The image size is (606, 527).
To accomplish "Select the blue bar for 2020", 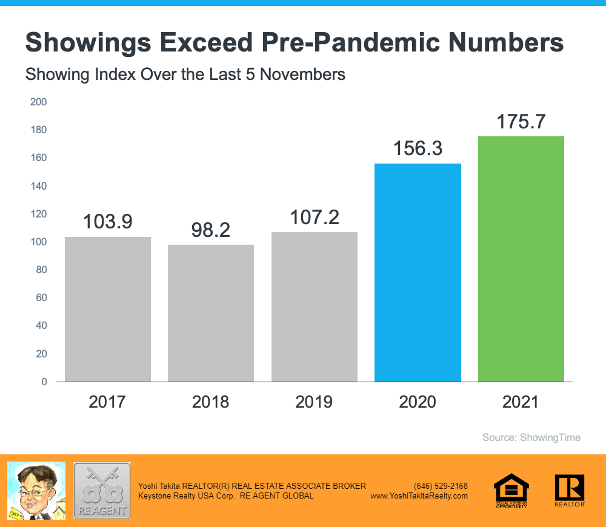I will click(418, 273).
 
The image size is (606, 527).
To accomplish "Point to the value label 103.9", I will click(107, 222).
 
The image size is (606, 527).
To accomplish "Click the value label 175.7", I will click(521, 122).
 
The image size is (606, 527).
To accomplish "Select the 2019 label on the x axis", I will click(314, 402).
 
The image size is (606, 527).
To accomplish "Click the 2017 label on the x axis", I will click(107, 402).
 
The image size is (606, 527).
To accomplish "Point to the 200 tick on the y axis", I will click(39, 102).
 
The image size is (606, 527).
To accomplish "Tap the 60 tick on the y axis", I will click(41, 298).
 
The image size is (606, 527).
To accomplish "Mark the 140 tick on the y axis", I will click(39, 186).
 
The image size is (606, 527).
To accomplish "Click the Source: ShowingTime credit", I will click(531, 437).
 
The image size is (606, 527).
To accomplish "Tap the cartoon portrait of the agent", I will click(36, 489).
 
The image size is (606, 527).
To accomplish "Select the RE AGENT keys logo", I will click(102, 490).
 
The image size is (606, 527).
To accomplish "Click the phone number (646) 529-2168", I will click(441, 486).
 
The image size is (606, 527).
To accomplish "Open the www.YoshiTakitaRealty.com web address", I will click(419, 496).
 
